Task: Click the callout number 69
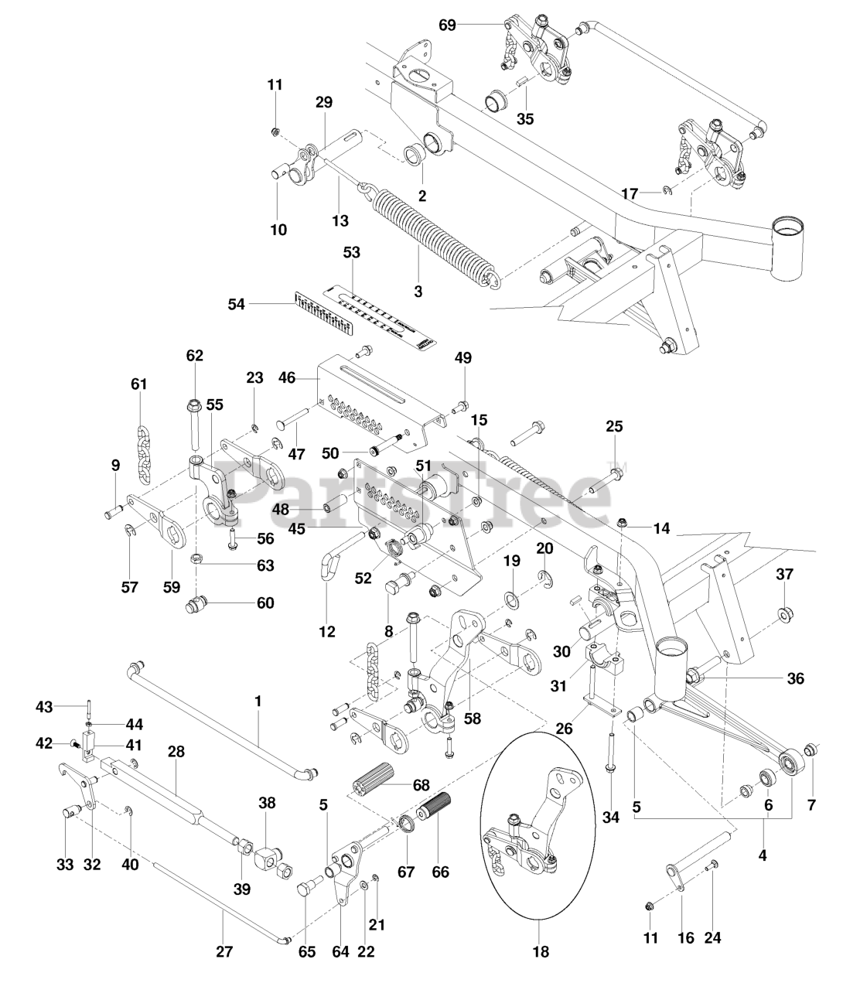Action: [x=447, y=26]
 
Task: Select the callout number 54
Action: [x=236, y=305]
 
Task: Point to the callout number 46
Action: [x=286, y=378]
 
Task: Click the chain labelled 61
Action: [x=142, y=452]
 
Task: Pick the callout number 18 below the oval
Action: [x=541, y=952]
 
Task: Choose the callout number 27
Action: [x=224, y=952]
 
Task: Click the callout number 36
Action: [x=794, y=679]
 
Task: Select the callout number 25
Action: [x=614, y=426]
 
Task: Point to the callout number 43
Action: [x=44, y=706]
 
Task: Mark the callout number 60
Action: [x=265, y=603]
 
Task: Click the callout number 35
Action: [x=525, y=119]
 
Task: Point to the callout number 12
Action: [x=327, y=631]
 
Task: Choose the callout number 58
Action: [x=472, y=719]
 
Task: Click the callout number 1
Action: [x=258, y=702]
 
